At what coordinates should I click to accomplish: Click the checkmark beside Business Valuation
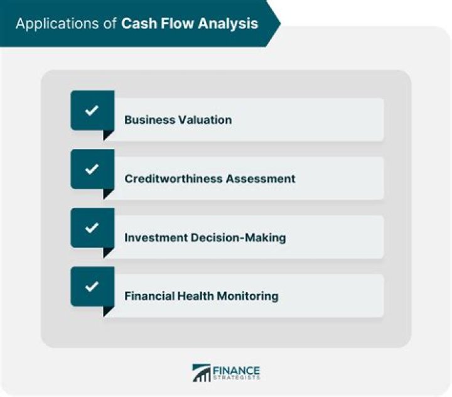(92, 111)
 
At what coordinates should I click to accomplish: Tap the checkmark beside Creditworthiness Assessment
(92, 170)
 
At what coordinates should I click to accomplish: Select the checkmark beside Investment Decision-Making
(92, 228)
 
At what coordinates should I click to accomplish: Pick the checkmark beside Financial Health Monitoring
(92, 286)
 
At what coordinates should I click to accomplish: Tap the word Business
(147, 119)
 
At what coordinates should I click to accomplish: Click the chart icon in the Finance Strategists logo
(202, 373)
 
